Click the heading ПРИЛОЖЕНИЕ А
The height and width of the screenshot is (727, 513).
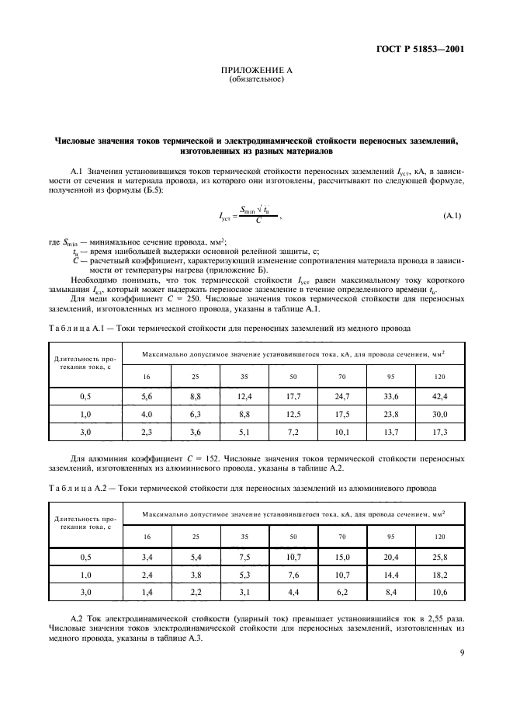tap(256, 71)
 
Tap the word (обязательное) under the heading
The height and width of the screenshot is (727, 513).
tap(256, 79)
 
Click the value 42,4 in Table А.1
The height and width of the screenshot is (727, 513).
tap(440, 396)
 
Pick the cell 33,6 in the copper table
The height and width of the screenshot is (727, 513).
tap(390, 396)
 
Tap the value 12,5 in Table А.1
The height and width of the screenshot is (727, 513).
tap(294, 413)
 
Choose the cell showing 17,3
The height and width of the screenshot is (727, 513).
tap(440, 430)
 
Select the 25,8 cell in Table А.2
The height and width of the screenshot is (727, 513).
tap(440, 557)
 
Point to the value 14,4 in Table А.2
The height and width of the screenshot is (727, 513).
tap(390, 575)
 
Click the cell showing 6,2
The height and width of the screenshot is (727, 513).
tap(342, 592)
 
